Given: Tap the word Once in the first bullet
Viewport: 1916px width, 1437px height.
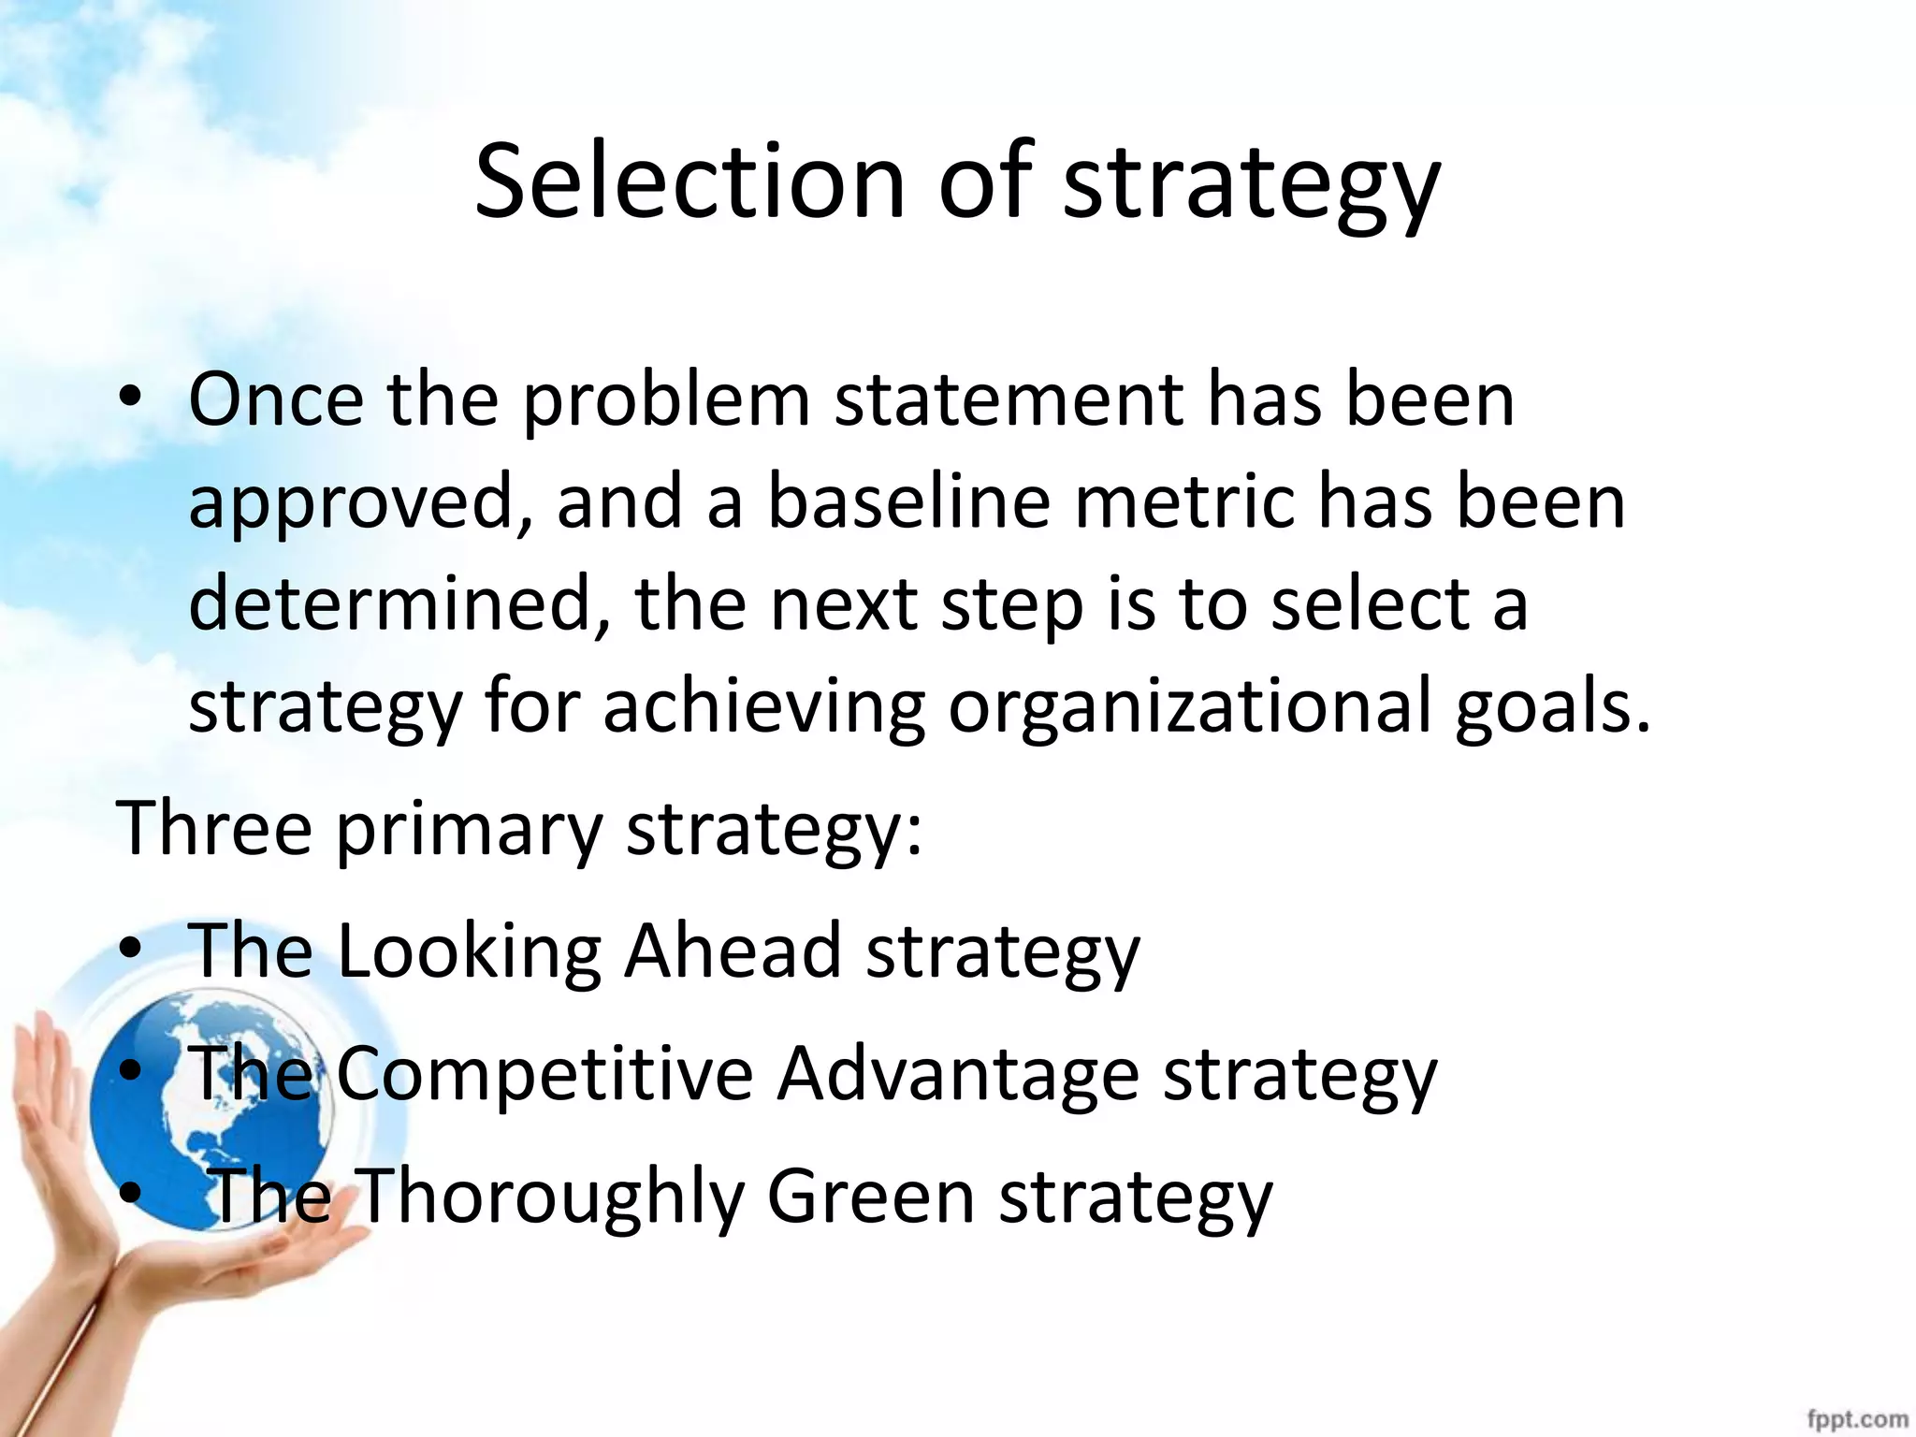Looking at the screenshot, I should pyautogui.click(x=276, y=399).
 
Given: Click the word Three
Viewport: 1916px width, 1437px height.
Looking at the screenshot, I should pyautogui.click(x=213, y=828).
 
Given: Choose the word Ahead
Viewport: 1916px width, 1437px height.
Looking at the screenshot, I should pyautogui.click(x=733, y=951).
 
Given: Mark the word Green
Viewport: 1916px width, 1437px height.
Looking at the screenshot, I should pyautogui.click(x=871, y=1196).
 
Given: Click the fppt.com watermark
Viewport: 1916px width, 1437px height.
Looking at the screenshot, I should pyautogui.click(x=1857, y=1419).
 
